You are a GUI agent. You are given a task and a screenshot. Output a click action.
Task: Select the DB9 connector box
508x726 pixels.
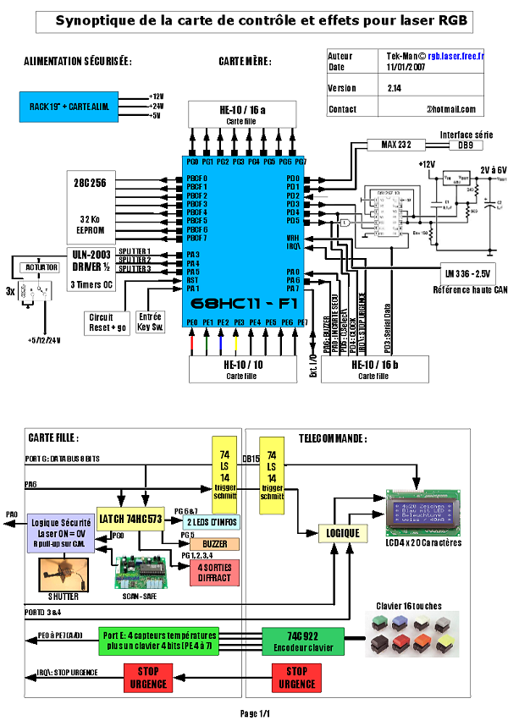[x=465, y=145]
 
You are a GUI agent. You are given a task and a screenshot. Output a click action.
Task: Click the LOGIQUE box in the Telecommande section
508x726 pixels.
[x=342, y=533]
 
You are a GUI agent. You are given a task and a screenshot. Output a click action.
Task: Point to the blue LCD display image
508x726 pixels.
[x=427, y=514]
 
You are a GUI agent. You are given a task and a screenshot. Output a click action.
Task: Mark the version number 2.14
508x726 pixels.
[x=395, y=88]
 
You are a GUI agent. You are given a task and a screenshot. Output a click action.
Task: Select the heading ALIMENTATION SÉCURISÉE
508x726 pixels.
[x=78, y=62]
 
